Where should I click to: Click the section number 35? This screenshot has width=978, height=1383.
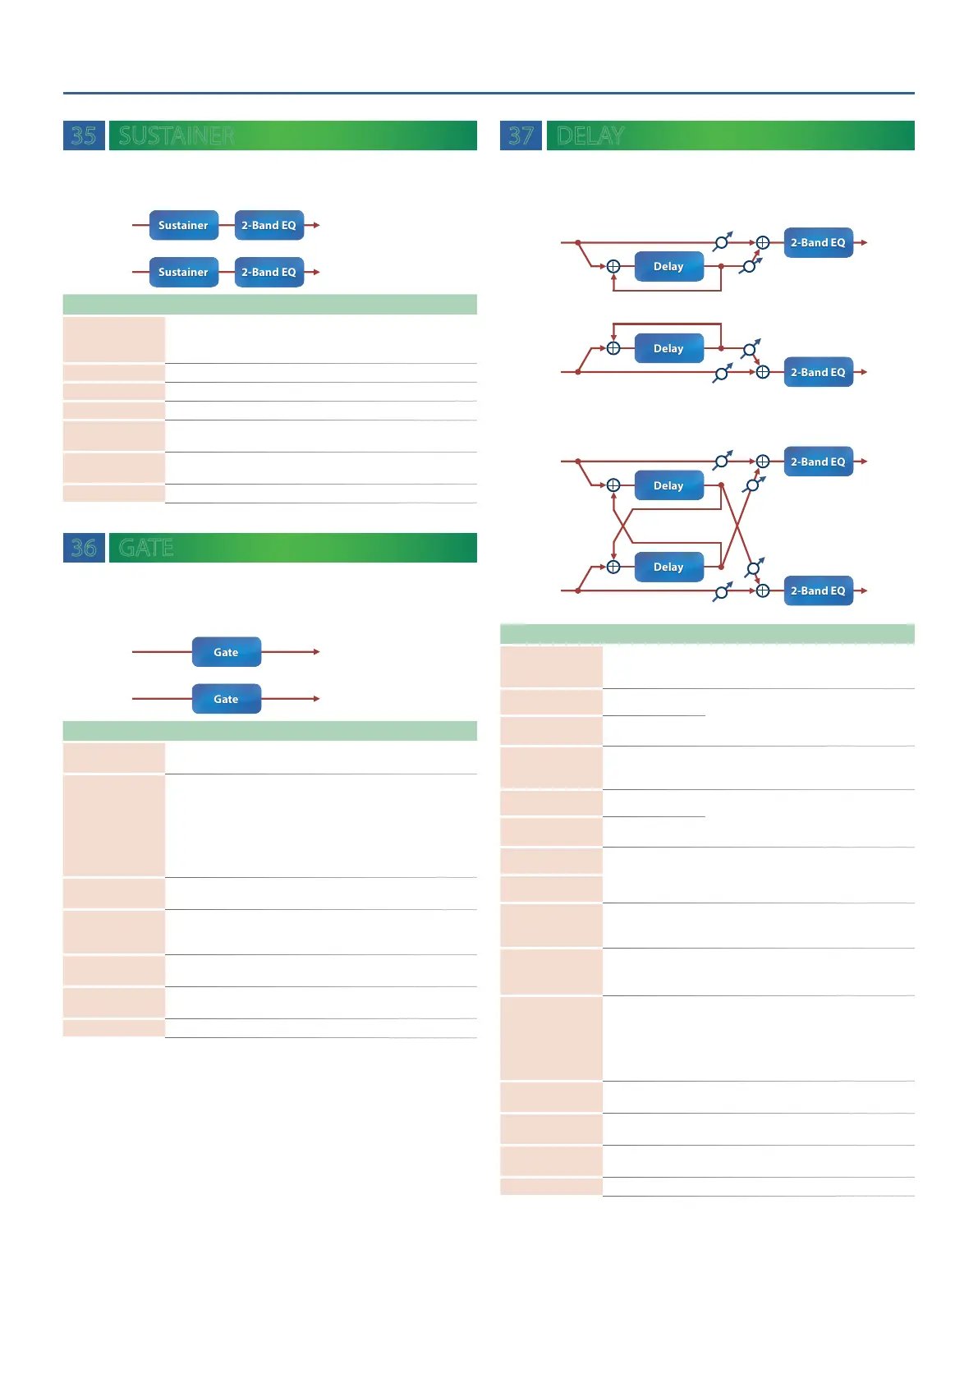(84, 136)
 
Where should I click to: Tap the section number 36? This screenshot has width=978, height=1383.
(84, 548)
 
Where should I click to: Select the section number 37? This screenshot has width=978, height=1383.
(521, 136)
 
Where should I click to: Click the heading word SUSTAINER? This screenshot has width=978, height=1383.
(177, 136)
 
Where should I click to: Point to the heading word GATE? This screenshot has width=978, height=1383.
(146, 548)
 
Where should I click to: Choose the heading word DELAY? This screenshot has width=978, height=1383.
(590, 136)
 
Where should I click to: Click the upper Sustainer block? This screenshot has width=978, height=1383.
(183, 225)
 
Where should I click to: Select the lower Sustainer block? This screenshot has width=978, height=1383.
(183, 272)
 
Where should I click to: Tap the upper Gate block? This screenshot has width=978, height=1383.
(226, 652)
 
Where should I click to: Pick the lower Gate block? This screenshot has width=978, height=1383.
(226, 699)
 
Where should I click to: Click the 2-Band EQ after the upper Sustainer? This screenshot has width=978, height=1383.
(269, 225)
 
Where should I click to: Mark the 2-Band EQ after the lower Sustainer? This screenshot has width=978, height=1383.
(269, 272)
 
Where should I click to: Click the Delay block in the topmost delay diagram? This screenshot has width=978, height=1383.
(668, 267)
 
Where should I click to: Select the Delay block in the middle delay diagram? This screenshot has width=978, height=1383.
(668, 348)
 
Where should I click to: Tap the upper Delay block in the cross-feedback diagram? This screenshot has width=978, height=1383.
(668, 485)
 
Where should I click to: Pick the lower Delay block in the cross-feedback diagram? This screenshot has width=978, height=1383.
(668, 567)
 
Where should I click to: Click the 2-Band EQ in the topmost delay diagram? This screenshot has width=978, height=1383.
(818, 242)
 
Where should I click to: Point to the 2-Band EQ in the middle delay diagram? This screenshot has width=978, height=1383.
(818, 372)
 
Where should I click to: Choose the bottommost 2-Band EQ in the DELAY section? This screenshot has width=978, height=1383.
(818, 590)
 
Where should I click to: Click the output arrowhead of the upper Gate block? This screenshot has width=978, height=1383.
(316, 652)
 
